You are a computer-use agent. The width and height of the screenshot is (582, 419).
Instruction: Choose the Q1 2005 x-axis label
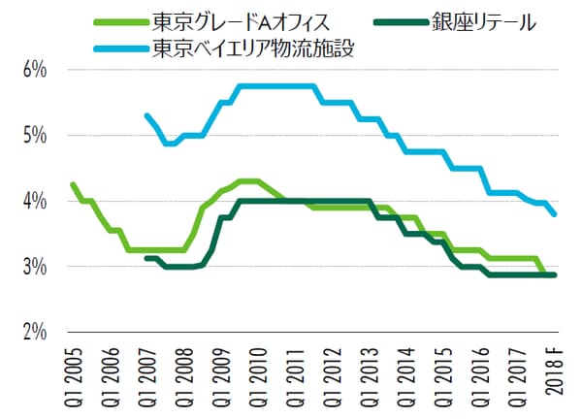[x=74, y=374]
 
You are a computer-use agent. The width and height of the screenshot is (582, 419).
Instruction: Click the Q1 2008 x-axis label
[x=184, y=374]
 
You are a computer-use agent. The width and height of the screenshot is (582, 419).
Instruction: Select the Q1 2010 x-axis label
[x=258, y=374]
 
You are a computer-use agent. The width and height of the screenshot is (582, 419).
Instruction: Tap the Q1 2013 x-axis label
[x=369, y=374]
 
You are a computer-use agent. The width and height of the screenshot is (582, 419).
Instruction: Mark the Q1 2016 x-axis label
[x=479, y=374]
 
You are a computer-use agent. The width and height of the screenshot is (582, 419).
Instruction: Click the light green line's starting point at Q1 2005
[x=73, y=184]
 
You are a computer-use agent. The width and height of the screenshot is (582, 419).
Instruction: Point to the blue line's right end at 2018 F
[x=554, y=214]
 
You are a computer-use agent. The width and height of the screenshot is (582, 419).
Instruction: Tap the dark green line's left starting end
[x=146, y=258]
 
